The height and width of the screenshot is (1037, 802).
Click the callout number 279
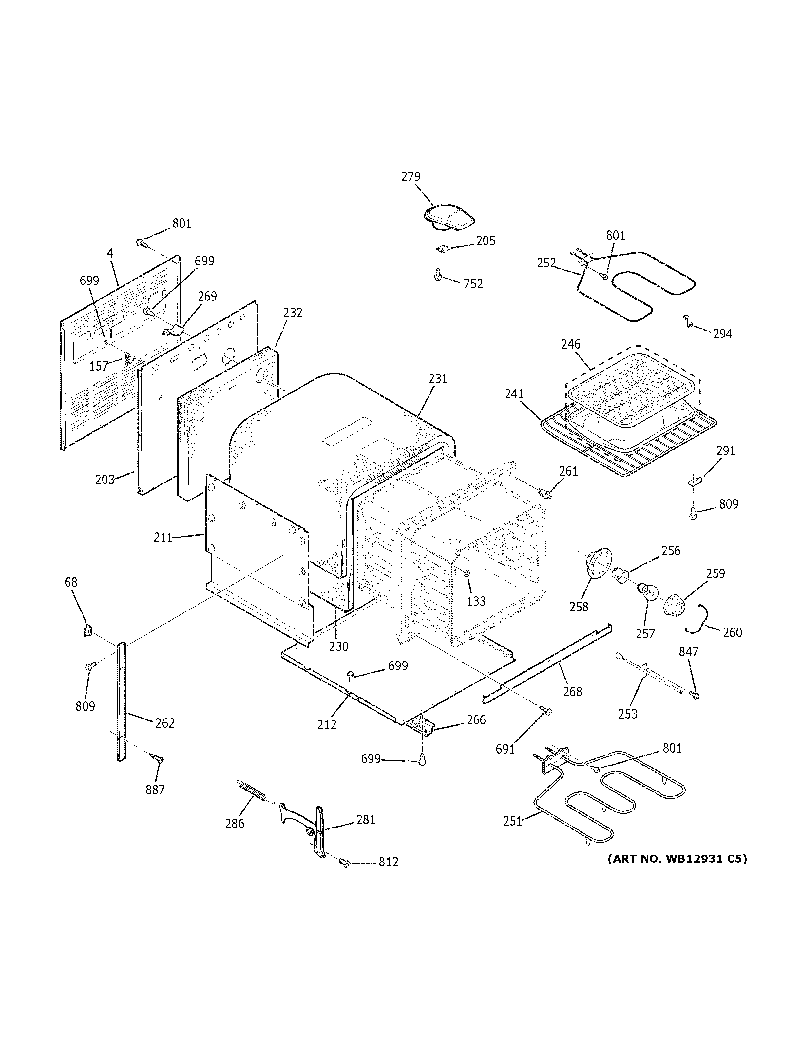point(411,177)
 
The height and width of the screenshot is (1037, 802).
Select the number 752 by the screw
point(473,284)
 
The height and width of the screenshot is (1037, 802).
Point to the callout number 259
point(715,573)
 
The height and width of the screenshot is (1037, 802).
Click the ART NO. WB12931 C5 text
point(677,859)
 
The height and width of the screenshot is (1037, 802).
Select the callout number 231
point(438,379)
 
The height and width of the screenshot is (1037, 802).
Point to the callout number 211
point(162,537)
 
